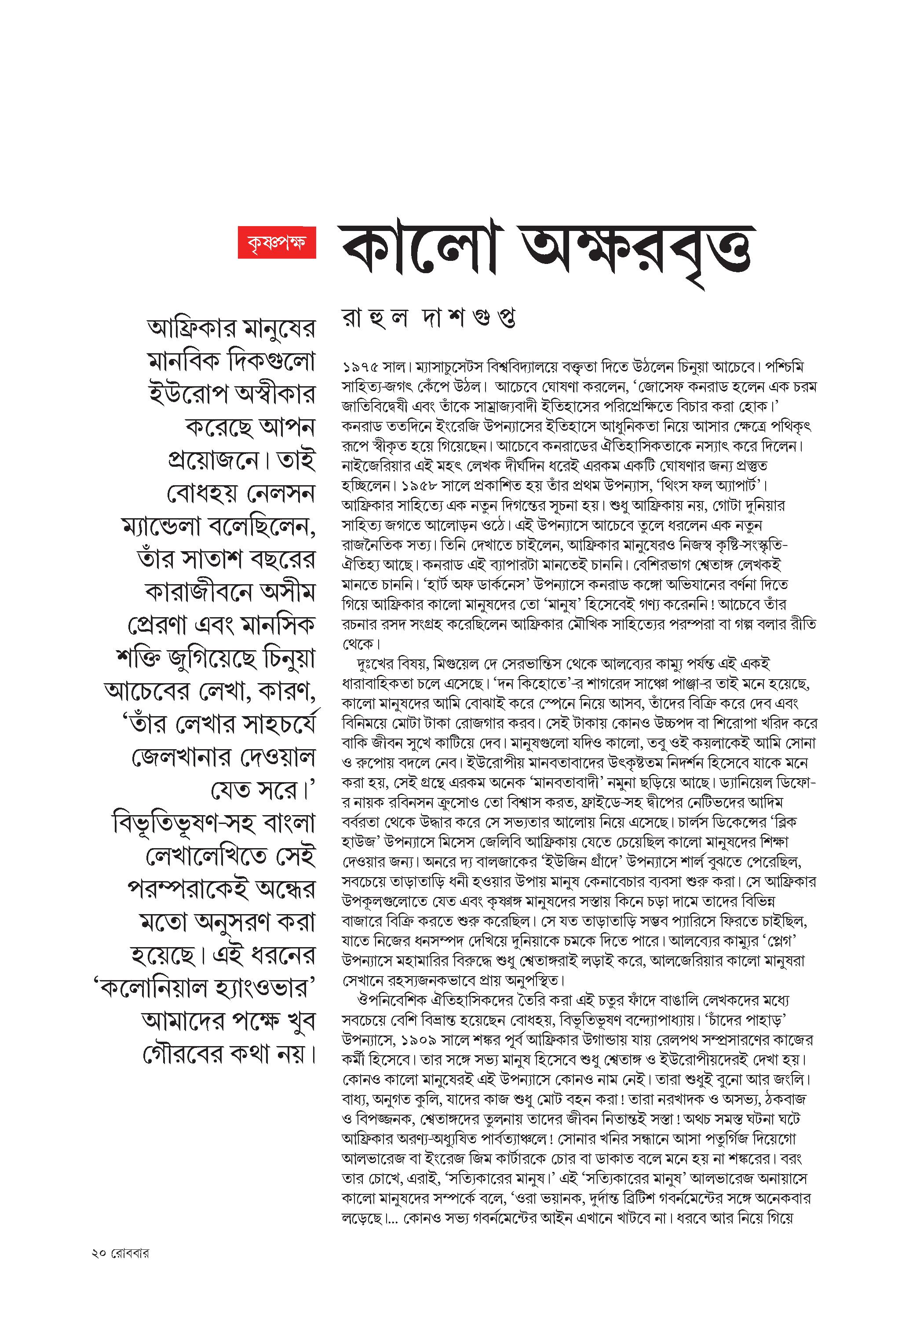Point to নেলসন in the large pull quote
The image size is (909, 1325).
pyautogui.click(x=280, y=494)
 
